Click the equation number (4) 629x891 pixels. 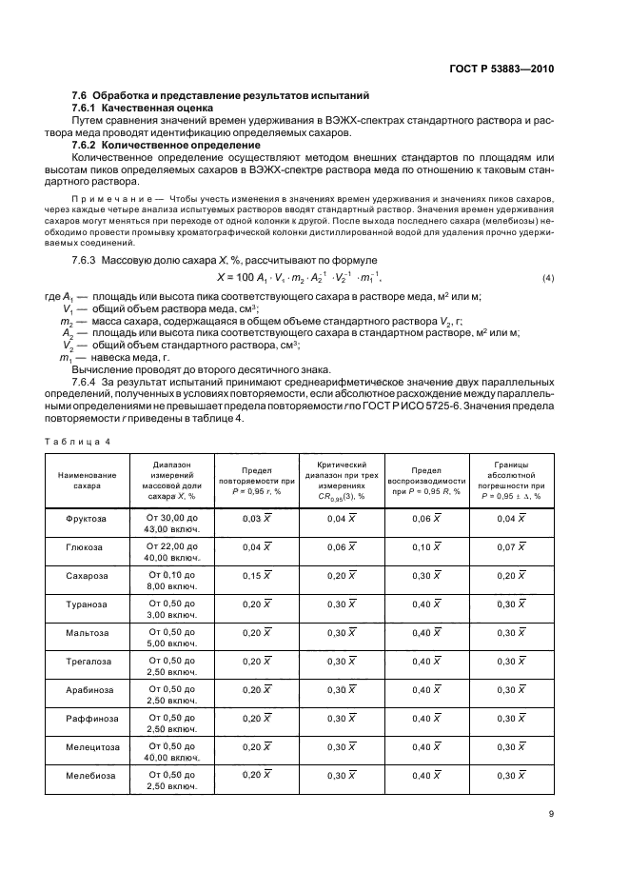tap(547, 277)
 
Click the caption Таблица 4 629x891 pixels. tap(79, 441)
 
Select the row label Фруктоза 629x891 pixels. tap(87, 518)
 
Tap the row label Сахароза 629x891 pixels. tap(87, 577)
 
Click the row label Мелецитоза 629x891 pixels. tap(87, 748)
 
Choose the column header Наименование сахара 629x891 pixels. tap(87, 479)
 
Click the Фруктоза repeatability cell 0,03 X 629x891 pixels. tap(256, 518)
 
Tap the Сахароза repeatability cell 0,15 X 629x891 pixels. tap(256, 577)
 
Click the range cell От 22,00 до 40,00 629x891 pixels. tap(171, 548)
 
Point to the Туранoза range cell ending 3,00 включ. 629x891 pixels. tap(171, 605)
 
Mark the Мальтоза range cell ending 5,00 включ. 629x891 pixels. tap(171, 634)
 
